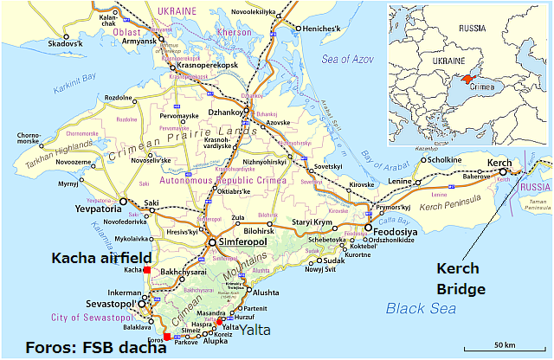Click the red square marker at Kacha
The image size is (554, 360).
pos(147,271)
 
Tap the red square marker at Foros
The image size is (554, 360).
pos(166,337)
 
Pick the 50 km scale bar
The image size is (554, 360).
pos(507,345)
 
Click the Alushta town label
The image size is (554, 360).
pos(266,292)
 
